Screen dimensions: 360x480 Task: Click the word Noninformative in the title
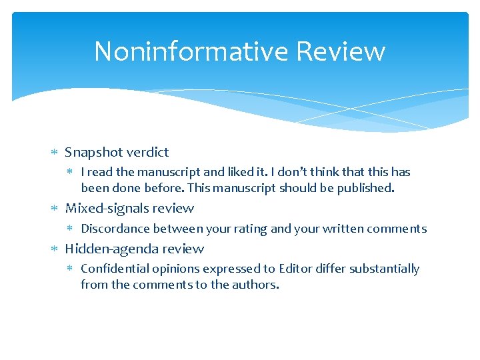click(x=191, y=51)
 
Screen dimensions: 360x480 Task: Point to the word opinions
click(x=175, y=269)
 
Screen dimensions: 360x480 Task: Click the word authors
click(x=257, y=285)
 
